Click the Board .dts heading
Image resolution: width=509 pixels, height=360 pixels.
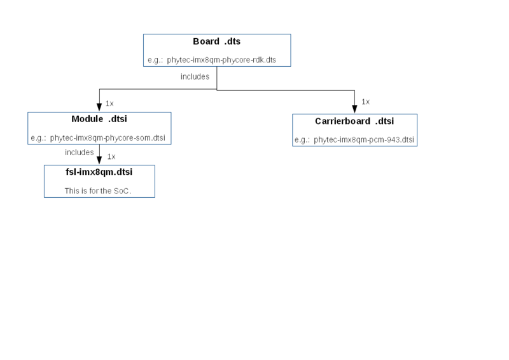point(216,41)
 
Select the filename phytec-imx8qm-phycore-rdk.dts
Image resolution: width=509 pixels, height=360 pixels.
point(221,60)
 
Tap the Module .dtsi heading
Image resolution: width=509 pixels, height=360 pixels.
point(99,119)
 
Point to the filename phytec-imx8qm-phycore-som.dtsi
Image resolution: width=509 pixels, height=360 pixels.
point(108,138)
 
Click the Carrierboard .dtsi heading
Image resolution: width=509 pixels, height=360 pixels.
point(354,121)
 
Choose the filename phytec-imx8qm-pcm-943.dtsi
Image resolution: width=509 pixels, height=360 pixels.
point(364,140)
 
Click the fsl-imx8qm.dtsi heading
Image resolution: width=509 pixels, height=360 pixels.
point(99,172)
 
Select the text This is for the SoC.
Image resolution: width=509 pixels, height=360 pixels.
point(98,191)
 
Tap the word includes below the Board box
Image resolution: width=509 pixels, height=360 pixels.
point(195,76)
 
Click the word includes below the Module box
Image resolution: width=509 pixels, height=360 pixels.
point(79,152)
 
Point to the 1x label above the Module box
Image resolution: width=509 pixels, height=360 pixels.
point(109,104)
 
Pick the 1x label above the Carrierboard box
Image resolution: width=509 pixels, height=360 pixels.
point(365,102)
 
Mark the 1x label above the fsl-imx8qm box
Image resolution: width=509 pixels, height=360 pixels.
point(111,157)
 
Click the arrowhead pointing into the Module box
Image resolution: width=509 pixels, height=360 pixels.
point(99,107)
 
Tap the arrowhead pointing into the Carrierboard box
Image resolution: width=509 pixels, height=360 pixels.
point(354,109)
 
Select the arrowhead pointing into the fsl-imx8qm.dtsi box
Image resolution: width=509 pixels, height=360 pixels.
point(99,161)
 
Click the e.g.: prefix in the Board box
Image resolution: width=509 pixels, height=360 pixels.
point(155,60)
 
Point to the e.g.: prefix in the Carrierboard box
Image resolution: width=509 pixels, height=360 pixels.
point(302,140)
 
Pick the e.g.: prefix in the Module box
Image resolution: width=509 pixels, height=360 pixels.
point(38,138)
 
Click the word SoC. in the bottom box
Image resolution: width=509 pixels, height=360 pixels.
point(122,191)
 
